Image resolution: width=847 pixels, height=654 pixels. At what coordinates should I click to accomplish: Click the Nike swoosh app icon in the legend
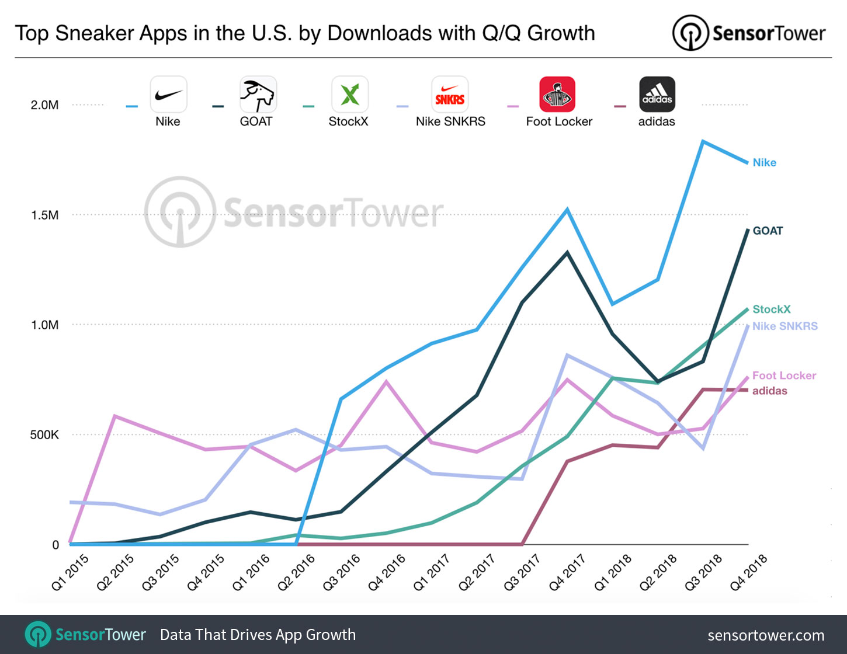pyautogui.click(x=168, y=95)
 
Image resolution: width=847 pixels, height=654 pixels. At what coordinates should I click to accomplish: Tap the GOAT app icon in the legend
pyautogui.click(x=258, y=95)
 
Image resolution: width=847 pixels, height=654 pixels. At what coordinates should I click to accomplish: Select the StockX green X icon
pyautogui.click(x=349, y=95)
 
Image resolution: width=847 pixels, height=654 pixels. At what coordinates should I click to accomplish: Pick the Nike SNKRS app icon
pyautogui.click(x=450, y=95)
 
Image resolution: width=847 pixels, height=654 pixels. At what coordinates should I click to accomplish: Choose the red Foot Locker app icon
pyautogui.click(x=557, y=95)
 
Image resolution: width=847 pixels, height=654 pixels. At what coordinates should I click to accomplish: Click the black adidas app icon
pyautogui.click(x=657, y=95)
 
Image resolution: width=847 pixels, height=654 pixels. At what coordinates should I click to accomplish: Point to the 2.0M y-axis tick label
pyautogui.click(x=44, y=105)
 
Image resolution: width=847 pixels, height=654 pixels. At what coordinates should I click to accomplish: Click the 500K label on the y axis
pyautogui.click(x=44, y=434)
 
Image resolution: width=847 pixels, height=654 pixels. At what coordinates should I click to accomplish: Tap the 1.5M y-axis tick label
pyautogui.click(x=44, y=215)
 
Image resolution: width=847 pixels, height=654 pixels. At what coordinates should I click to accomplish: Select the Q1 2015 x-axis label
pyautogui.click(x=71, y=572)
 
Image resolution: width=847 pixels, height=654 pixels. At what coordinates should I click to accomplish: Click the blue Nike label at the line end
pyautogui.click(x=764, y=162)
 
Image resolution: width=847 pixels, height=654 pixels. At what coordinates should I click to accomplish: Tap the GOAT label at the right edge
pyautogui.click(x=768, y=231)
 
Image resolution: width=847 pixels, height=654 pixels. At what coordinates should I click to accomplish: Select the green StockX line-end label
pyautogui.click(x=771, y=309)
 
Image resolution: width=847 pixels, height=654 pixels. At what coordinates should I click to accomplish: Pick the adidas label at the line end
pyautogui.click(x=769, y=391)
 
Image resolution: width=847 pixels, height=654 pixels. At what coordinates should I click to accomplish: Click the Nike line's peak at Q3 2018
pyautogui.click(x=703, y=141)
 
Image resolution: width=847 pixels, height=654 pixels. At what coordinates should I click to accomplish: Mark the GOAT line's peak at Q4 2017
pyautogui.click(x=567, y=252)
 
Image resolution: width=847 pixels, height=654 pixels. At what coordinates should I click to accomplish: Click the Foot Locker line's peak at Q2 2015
pyautogui.click(x=115, y=416)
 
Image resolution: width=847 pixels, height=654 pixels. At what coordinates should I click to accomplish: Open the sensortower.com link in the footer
pyautogui.click(x=766, y=635)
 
